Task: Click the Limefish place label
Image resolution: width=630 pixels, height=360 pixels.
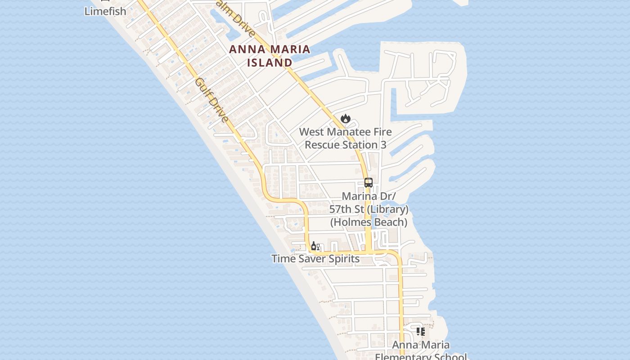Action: tap(105, 11)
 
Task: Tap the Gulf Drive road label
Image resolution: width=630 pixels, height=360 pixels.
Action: tap(212, 100)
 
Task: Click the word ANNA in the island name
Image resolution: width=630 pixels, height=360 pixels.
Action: tap(246, 50)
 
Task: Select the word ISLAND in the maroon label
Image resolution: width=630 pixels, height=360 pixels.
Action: tap(270, 63)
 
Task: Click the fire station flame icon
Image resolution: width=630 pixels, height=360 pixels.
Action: tap(345, 118)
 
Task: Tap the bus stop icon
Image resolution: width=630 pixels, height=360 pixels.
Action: tap(369, 183)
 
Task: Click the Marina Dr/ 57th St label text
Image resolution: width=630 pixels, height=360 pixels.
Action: tap(369, 202)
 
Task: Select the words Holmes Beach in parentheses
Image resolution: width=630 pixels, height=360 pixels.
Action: tap(369, 222)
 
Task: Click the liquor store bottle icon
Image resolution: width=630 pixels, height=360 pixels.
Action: tap(314, 246)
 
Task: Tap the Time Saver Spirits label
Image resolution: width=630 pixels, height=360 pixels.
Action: tap(315, 259)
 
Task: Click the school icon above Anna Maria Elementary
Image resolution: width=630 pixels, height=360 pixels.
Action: tap(421, 332)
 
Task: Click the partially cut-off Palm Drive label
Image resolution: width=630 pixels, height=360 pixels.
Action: tap(236, 20)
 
